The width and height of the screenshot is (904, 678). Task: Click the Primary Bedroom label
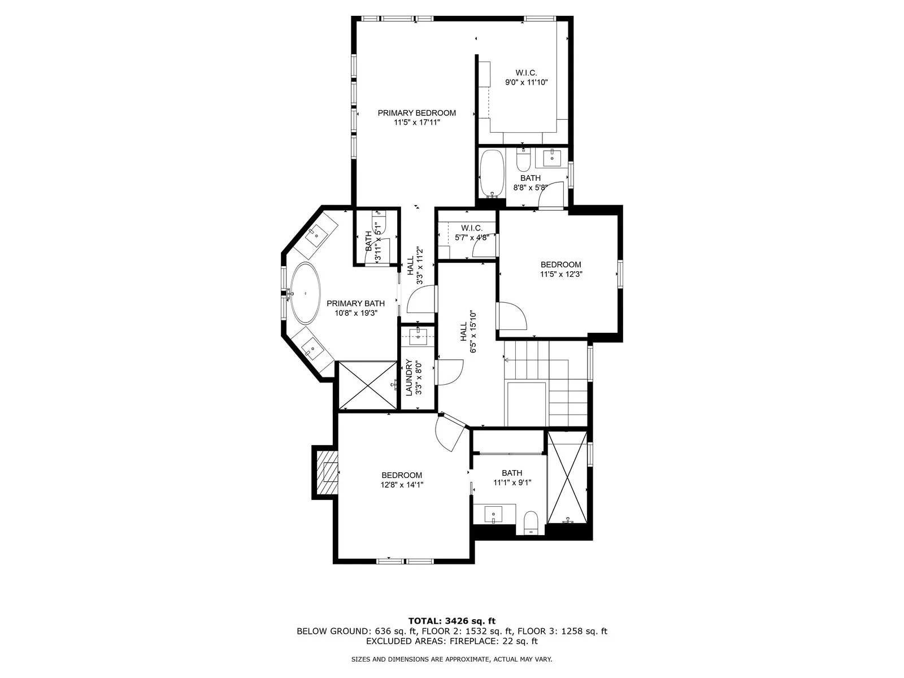(416, 113)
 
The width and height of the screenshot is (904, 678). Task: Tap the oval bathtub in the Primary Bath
(305, 293)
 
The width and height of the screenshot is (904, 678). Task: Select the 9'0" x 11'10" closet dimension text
(527, 82)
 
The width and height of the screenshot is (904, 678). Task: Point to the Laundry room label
(409, 377)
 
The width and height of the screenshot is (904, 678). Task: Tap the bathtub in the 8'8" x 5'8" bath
(492, 173)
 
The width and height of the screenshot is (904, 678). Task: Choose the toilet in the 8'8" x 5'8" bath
(523, 160)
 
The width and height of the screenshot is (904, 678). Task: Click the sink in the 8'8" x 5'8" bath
(552, 158)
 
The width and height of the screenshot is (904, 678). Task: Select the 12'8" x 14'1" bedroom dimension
(402, 485)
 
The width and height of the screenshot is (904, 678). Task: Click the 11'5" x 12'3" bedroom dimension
(561, 274)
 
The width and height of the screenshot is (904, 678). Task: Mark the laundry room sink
(419, 337)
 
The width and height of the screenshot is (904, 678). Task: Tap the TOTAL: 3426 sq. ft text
(452, 621)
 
